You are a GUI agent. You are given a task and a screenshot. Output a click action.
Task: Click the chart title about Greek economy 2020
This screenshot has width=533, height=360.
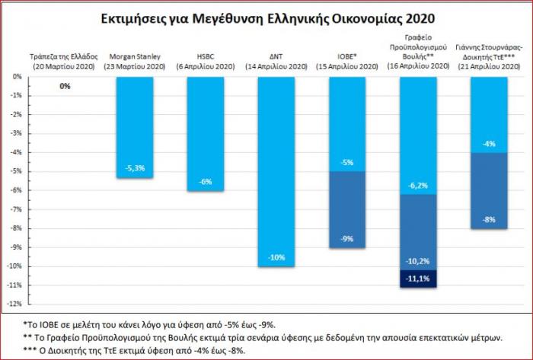[x=266, y=17]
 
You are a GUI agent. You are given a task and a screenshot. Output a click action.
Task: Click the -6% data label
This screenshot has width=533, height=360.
[x=206, y=181]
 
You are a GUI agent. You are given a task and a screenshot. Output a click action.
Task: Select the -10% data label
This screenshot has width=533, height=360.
[x=276, y=257]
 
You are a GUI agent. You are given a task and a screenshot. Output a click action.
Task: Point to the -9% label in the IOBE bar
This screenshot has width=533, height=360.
[x=346, y=238]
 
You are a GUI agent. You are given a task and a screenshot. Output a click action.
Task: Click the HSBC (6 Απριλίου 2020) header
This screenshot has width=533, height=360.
[x=206, y=61]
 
